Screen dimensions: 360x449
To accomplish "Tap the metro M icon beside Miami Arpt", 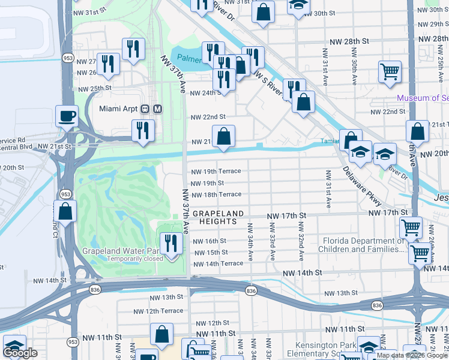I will tap(157, 109).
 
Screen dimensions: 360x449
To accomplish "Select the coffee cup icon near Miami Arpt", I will tap(67, 115).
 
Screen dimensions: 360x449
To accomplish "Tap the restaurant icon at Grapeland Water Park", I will tap(173, 243).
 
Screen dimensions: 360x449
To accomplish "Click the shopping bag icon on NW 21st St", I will tap(223, 136).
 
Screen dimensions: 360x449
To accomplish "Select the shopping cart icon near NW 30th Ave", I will tap(390, 71).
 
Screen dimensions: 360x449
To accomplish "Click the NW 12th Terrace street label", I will tap(158, 311).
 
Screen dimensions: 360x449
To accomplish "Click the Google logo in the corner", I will tap(20, 353).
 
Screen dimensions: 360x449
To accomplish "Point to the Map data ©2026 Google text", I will tap(412, 356).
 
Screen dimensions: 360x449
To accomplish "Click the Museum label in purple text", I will tap(421, 98).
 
